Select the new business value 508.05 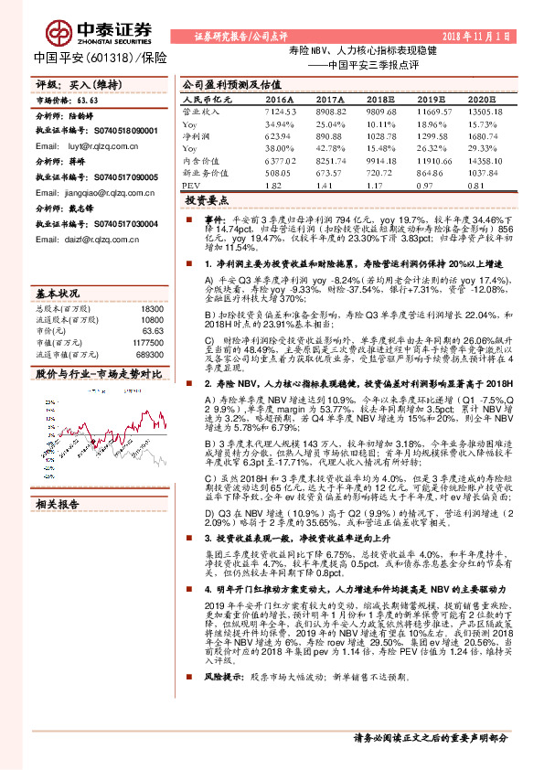(278, 171)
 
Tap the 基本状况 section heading (58, 294)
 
